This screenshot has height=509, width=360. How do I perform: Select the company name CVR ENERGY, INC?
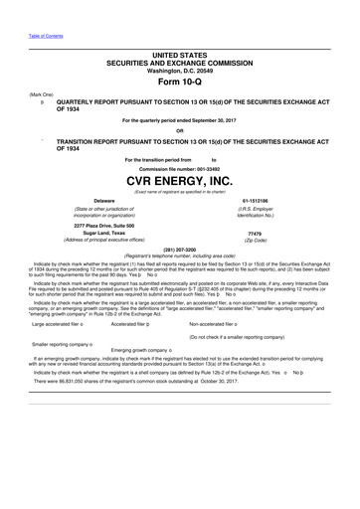tap(179, 181)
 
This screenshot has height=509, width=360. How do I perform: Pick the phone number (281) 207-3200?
tap(179, 248)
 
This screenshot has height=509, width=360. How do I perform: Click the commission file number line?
tap(179, 167)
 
